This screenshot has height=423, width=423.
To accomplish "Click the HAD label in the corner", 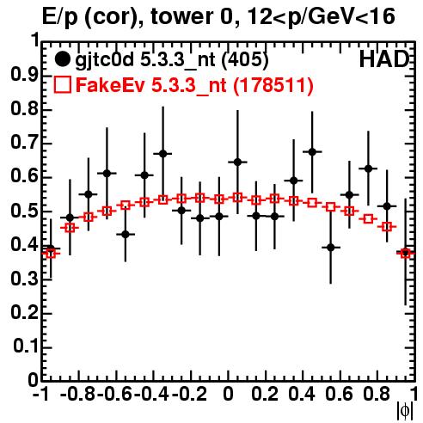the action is tap(384, 59).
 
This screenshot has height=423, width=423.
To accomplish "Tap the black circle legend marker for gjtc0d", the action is tap(62, 59).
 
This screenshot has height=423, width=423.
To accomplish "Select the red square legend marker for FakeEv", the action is tap(62, 84).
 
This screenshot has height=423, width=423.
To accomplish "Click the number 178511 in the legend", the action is tap(273, 85).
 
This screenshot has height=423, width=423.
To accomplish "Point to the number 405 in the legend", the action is tap(245, 59).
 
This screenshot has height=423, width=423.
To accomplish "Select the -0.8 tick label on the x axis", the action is tap(78, 394).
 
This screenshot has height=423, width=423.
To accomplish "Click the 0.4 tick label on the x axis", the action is tap(302, 394).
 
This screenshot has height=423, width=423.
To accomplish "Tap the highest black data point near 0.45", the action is tap(312, 152).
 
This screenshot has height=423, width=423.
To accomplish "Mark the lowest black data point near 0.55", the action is tap(331, 247).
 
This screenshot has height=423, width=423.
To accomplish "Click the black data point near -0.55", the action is tap(126, 234).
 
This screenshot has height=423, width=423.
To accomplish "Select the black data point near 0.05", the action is tap(237, 162).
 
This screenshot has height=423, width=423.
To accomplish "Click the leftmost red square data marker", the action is tap(51, 254).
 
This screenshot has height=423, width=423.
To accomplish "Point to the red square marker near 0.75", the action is tap(368, 219).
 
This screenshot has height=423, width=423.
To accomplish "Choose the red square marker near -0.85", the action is tap(70, 228).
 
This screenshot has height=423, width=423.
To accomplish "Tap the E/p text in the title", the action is tap(60, 17).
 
